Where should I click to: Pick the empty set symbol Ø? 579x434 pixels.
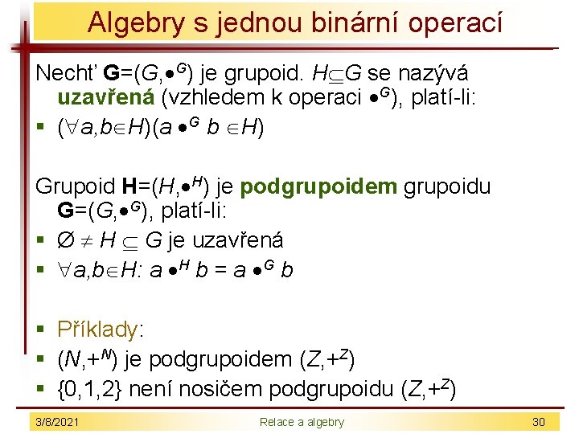(x=67, y=240)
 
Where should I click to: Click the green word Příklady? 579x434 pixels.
(x=98, y=330)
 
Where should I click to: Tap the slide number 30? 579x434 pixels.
(x=538, y=422)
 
